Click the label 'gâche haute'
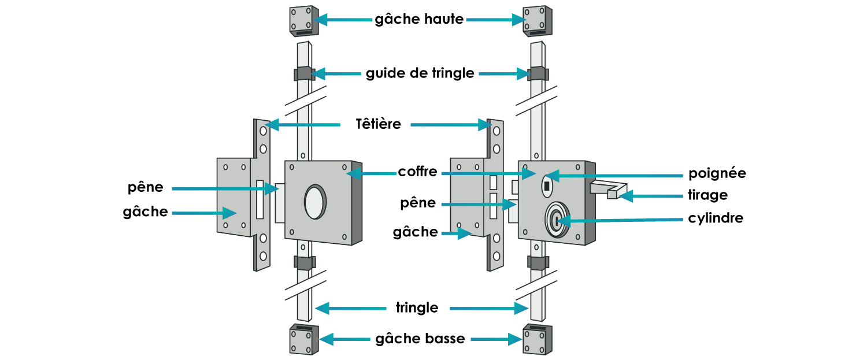point(419,20)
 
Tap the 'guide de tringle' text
point(420,74)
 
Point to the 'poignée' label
point(717,173)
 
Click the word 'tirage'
point(707,196)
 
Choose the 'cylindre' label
point(716,218)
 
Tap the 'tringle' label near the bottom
point(417,308)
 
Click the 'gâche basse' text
point(420,339)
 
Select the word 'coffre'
point(417,172)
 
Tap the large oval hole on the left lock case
point(315,202)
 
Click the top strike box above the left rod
point(303,21)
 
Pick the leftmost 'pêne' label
point(146,188)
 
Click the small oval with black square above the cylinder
point(546,186)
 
